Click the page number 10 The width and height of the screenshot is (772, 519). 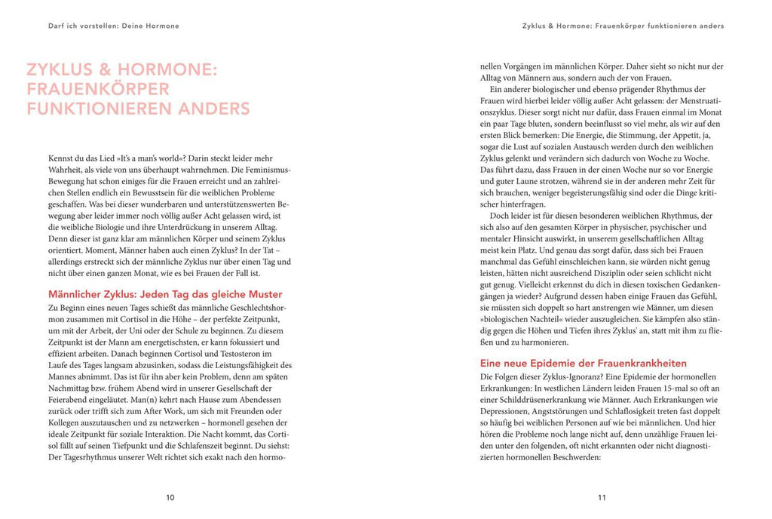[170, 497]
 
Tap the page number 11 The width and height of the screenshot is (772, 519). [601, 497]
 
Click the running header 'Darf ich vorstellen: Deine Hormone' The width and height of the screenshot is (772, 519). [109, 26]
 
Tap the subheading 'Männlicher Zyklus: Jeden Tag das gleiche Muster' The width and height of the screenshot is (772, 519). [165, 293]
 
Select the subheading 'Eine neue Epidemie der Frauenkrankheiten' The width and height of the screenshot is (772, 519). [583, 363]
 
